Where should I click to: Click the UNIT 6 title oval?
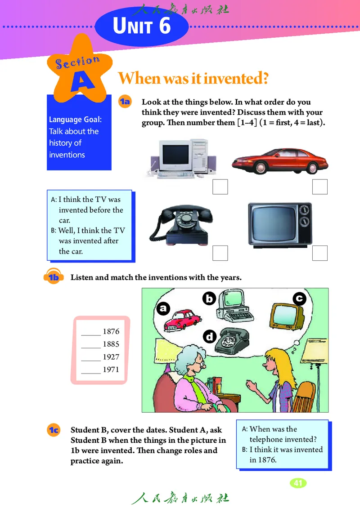[142, 26]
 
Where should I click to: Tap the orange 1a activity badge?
[125, 102]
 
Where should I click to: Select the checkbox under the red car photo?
[320, 187]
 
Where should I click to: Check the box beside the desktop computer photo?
[220, 187]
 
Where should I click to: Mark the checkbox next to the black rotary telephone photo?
[220, 253]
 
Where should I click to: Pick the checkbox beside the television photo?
[320, 253]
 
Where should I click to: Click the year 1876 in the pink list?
[111, 331]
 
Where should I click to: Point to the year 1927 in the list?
[111, 357]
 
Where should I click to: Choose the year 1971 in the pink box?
[111, 370]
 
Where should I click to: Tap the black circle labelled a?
[163, 308]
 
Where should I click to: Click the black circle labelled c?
[299, 299]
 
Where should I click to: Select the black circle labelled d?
[210, 337]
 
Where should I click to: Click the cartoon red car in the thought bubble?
[182, 321]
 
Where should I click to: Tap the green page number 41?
[298, 483]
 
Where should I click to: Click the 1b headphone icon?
[54, 276]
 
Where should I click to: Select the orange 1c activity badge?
[54, 430]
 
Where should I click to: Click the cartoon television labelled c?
[287, 316]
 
